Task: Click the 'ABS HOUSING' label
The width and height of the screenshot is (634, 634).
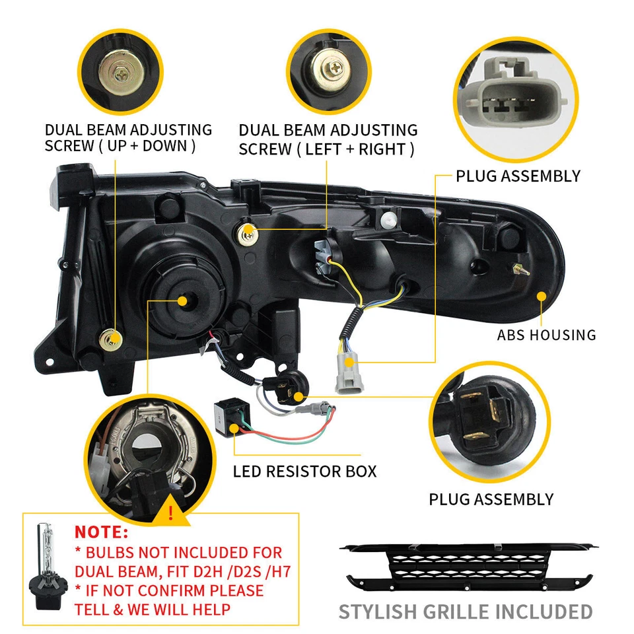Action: tap(546, 335)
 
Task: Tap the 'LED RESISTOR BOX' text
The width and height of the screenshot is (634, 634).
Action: tap(304, 472)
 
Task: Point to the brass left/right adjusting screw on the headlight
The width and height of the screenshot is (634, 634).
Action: tap(248, 230)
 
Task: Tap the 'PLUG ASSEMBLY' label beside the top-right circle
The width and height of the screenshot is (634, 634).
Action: tap(518, 176)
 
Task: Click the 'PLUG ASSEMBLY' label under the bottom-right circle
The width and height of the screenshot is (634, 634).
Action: tap(491, 499)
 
